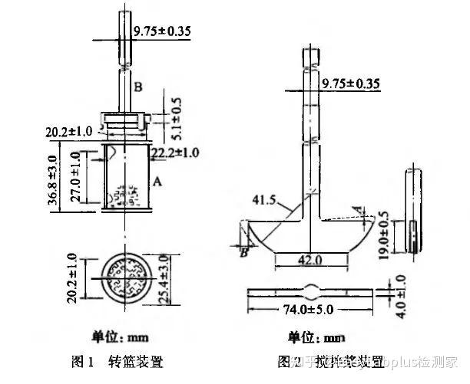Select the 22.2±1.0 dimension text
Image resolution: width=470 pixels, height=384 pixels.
pos(175,153)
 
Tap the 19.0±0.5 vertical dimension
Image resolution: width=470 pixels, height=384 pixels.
pos(385,231)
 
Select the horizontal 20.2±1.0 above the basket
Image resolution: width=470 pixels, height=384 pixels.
pos(70,133)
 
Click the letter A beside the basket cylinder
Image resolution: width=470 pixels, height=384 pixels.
pos(157,182)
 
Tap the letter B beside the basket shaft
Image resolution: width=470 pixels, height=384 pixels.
pos(137,87)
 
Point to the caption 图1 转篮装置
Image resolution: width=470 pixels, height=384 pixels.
pos(116,360)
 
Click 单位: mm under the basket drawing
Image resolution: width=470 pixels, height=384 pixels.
pos(119,336)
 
